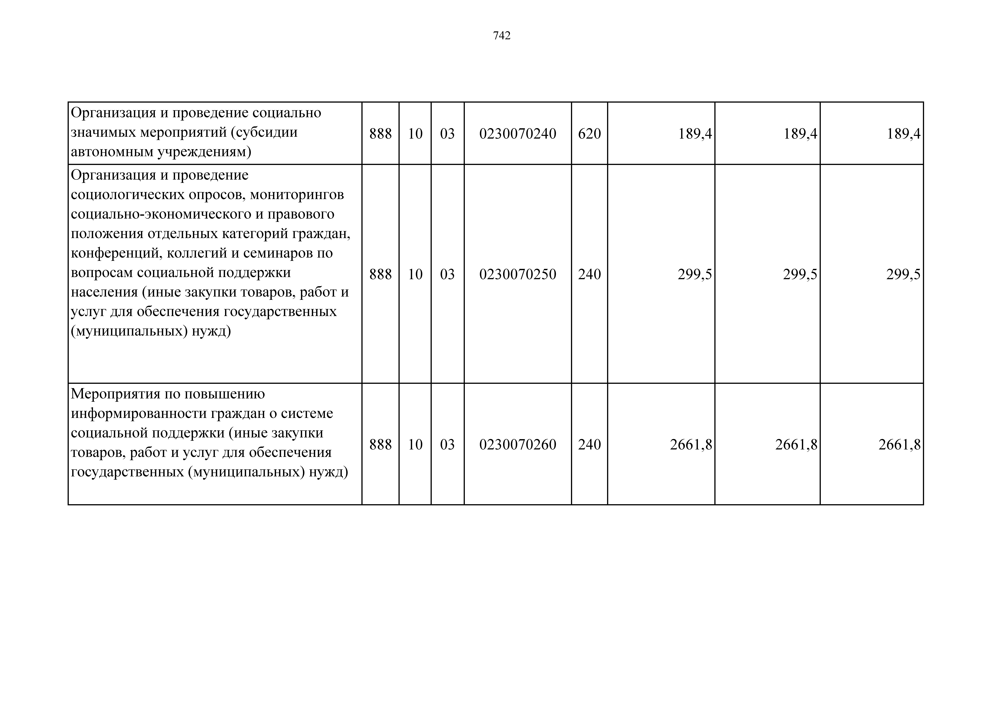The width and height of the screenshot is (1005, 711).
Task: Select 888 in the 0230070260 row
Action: click(380, 445)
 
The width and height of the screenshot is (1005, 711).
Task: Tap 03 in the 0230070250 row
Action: click(447, 274)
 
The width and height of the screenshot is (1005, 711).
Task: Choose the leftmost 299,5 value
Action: click(695, 274)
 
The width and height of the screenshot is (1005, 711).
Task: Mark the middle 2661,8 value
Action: click(796, 445)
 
